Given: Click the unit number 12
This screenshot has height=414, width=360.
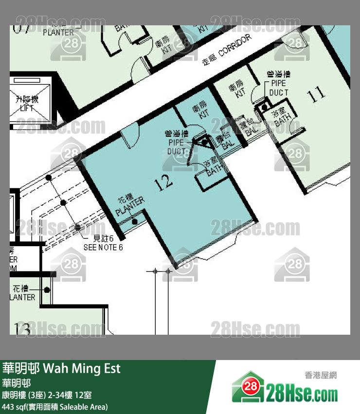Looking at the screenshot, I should click(163, 183).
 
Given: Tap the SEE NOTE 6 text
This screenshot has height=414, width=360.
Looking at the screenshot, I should click(104, 243).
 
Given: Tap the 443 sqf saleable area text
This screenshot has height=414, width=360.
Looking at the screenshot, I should click(55, 406).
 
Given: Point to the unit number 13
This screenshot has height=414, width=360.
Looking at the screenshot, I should click(23, 328).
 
